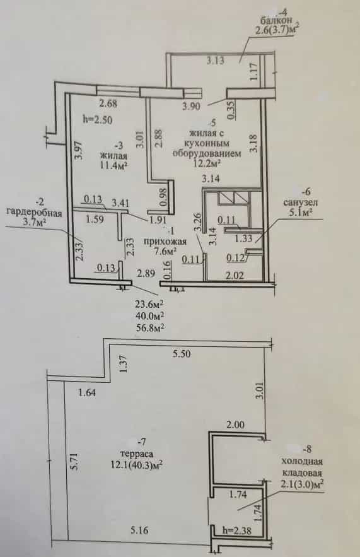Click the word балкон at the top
point(275,20)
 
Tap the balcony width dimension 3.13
point(216,61)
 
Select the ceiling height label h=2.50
point(97,120)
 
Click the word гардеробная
point(35,213)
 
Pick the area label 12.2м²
point(207,163)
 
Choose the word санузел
point(300,202)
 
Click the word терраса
point(137,454)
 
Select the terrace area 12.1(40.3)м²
point(137,465)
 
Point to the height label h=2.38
point(236,531)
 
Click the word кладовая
point(302,473)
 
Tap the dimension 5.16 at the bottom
point(139,531)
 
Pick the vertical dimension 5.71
point(74,462)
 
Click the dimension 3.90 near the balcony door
point(191,106)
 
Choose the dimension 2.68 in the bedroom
point(108,103)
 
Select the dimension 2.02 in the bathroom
point(236,275)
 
